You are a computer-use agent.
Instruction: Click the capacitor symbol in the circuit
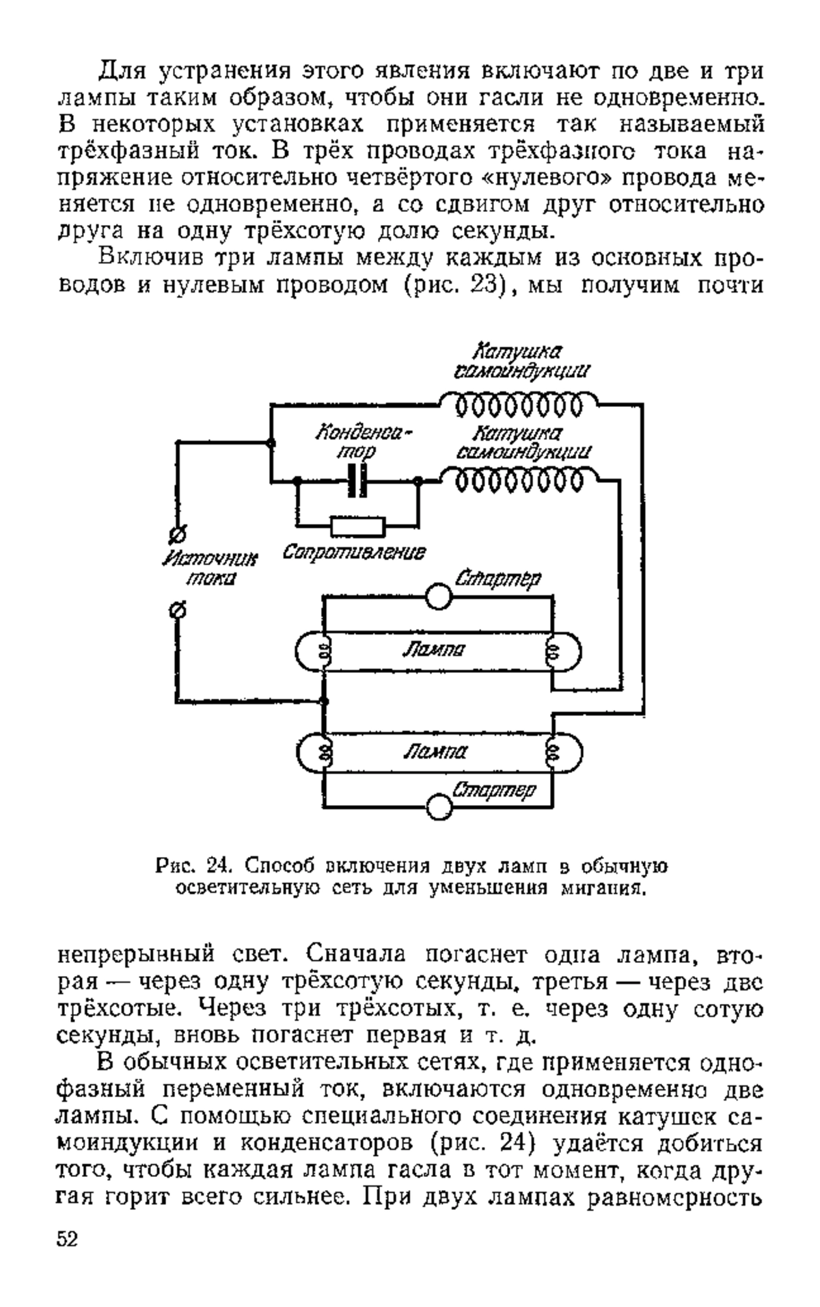click(x=357, y=481)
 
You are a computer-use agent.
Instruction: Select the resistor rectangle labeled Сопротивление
click(x=357, y=526)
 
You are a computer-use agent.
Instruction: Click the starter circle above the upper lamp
click(x=438, y=596)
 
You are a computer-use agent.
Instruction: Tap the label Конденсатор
click(x=365, y=443)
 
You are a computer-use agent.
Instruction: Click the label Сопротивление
click(x=353, y=552)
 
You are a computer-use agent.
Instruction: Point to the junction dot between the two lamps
click(x=324, y=702)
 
